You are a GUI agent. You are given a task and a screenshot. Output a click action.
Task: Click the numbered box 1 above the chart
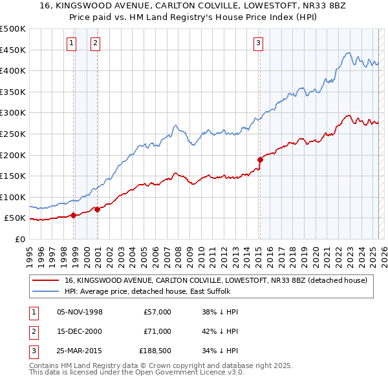pyautogui.click(x=70, y=43)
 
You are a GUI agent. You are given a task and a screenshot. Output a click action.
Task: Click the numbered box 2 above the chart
pyautogui.click(x=95, y=43)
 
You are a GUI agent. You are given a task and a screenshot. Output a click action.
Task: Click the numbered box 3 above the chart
pyautogui.click(x=258, y=43)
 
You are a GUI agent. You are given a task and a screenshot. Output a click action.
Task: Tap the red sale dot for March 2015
pyautogui.click(x=260, y=159)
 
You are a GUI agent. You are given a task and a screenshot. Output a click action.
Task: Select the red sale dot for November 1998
pyautogui.click(x=74, y=215)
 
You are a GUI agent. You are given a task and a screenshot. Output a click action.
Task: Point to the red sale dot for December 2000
pyautogui.click(x=97, y=209)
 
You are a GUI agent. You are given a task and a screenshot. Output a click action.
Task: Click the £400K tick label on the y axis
pyautogui.click(x=13, y=70)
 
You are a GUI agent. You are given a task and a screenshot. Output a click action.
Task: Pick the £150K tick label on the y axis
pyautogui.click(x=13, y=176)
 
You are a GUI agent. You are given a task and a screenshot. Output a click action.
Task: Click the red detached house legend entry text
pyautogui.click(x=216, y=280)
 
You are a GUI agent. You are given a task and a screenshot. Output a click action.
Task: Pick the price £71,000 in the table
pyautogui.click(x=157, y=331)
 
